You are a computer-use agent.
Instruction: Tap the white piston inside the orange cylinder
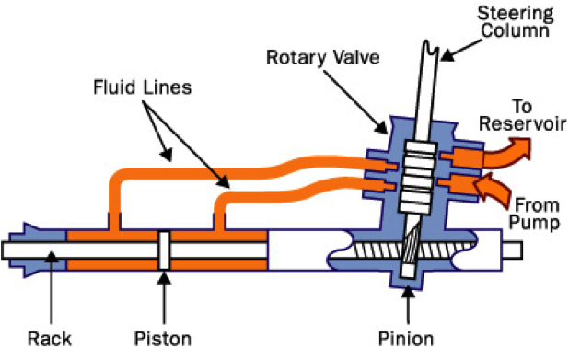[162, 250]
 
